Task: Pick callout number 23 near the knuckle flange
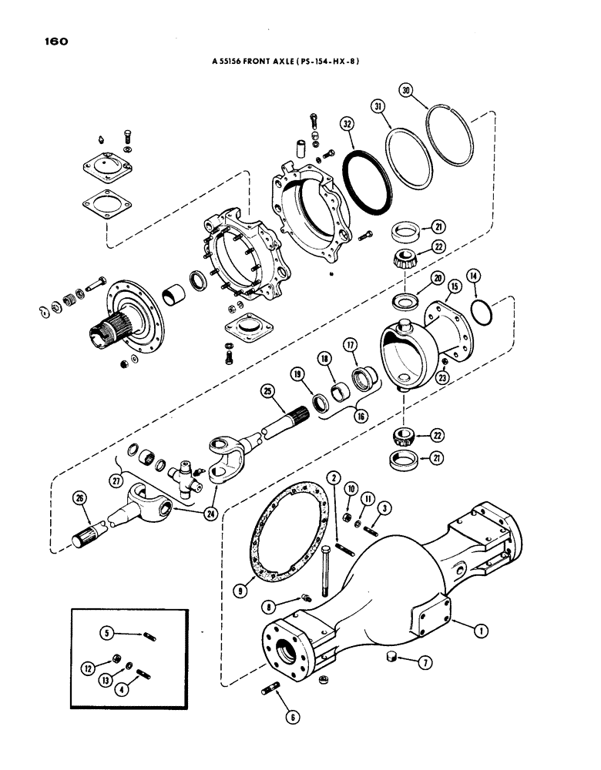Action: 442,377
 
